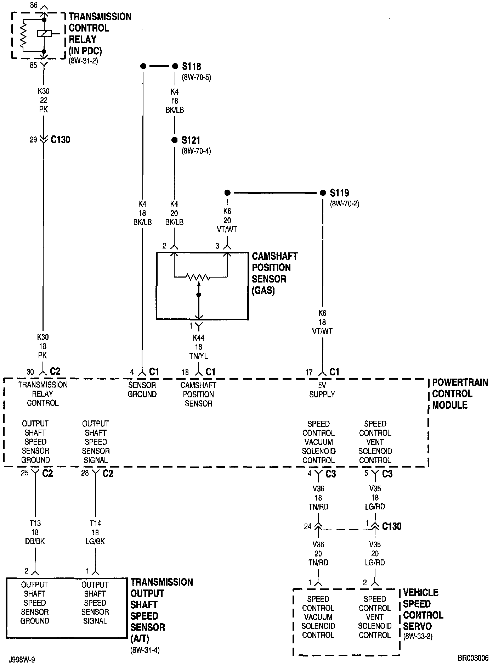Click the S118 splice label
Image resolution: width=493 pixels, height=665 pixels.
(x=192, y=66)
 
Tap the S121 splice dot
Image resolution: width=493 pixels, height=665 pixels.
(x=174, y=140)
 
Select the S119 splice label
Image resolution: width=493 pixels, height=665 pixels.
(x=339, y=193)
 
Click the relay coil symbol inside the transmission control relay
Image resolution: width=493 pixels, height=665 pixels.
(x=44, y=33)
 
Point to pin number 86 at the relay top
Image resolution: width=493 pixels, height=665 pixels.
(x=34, y=5)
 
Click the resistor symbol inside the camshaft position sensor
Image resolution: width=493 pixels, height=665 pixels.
(x=199, y=276)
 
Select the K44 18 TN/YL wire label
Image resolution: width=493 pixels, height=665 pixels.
(x=198, y=347)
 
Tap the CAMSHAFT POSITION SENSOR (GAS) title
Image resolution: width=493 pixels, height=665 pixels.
(x=274, y=273)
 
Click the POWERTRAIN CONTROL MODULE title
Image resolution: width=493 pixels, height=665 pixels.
(x=460, y=393)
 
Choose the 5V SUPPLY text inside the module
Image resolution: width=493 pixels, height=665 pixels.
(x=322, y=390)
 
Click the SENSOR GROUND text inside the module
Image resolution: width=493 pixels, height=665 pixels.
(x=142, y=390)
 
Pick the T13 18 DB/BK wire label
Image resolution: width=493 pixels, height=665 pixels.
(x=35, y=532)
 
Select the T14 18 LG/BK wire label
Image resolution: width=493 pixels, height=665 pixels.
(x=95, y=532)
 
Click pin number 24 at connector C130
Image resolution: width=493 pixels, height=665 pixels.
(x=307, y=526)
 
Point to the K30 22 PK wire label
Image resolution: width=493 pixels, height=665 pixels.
(x=44, y=101)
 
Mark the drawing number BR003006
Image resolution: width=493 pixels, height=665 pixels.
(x=473, y=658)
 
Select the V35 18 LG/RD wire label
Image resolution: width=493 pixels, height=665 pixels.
(x=375, y=498)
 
